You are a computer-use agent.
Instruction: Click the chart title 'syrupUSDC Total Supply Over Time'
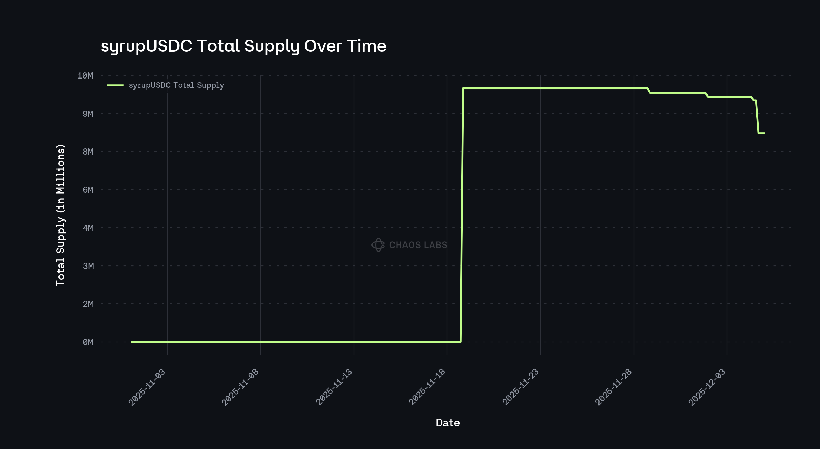point(244,46)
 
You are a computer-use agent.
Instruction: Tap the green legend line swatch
point(115,85)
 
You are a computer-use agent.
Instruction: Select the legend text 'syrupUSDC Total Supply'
point(176,85)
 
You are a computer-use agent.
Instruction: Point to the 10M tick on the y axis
point(85,76)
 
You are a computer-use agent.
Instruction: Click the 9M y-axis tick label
point(88,114)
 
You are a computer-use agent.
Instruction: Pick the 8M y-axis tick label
point(88,152)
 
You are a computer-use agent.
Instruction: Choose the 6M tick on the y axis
point(88,190)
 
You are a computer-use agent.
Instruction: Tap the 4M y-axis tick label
point(88,228)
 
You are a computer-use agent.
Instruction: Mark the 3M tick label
point(88,266)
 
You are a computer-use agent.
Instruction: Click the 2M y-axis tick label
point(88,304)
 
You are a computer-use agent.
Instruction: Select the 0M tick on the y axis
point(88,342)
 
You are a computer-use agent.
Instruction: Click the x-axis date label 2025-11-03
point(147,387)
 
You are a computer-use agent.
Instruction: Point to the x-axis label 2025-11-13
point(334,387)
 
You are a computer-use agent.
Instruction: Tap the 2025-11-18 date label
point(427,387)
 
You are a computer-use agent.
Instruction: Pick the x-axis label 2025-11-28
point(613,387)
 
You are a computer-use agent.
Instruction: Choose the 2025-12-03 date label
point(706,387)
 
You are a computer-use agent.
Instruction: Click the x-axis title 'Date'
point(447,423)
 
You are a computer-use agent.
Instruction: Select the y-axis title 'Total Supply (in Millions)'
point(61,215)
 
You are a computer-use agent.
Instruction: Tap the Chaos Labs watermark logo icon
point(378,245)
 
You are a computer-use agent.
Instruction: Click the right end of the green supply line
point(764,133)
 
